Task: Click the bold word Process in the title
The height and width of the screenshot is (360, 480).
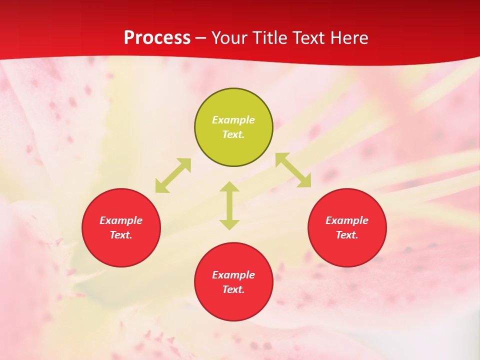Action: click(x=157, y=38)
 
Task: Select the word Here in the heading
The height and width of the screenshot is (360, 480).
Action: click(x=348, y=38)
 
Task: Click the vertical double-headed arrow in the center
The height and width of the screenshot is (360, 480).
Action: click(x=229, y=205)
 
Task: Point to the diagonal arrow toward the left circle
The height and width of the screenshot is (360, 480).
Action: click(x=173, y=175)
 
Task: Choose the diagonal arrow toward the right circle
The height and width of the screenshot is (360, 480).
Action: click(x=293, y=170)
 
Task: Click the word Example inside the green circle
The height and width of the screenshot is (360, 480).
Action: click(x=233, y=120)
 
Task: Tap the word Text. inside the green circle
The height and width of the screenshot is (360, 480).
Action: click(x=233, y=134)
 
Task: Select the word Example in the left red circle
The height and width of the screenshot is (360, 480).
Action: click(x=121, y=220)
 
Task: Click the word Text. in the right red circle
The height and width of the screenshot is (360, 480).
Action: click(x=347, y=235)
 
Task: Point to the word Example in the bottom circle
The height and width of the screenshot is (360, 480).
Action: click(x=233, y=275)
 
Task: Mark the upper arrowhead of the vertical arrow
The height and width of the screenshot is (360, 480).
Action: click(x=229, y=187)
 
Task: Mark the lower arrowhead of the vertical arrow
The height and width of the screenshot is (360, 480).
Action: click(x=229, y=224)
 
